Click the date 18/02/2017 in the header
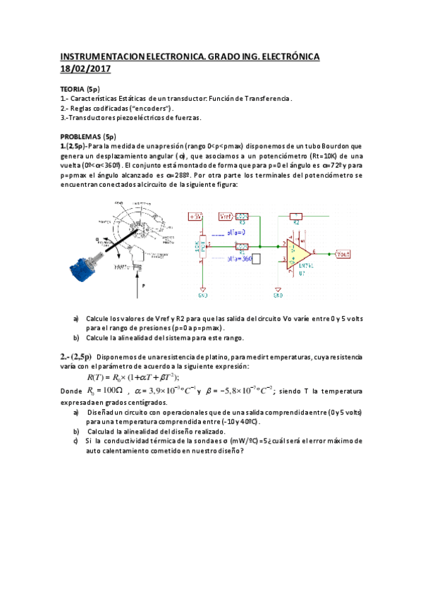tap(85, 68)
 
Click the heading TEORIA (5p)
tap(80, 90)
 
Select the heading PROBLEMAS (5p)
tap(88, 136)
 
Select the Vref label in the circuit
tap(226, 216)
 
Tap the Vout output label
tap(343, 253)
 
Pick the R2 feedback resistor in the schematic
tap(295, 216)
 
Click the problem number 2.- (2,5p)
tap(75, 356)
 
